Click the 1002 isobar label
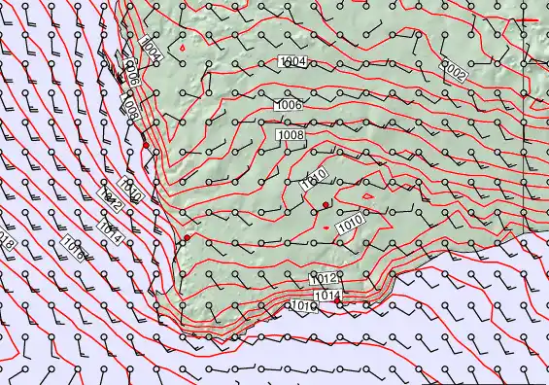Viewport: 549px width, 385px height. coord(456,69)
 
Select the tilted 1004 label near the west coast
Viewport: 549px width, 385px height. coord(152,48)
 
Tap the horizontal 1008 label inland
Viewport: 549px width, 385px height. coord(291,134)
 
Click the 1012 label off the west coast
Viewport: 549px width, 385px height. coord(110,201)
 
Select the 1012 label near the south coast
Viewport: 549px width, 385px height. coord(324,279)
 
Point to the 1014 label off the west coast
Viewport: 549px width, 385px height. coord(110,227)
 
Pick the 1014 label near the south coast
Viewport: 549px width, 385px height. coord(327,295)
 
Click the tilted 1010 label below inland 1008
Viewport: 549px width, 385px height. coord(313,180)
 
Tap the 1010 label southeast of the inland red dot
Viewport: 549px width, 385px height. coord(350,225)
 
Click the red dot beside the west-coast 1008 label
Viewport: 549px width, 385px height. coord(145,145)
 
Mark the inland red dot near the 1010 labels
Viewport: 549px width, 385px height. coord(326,203)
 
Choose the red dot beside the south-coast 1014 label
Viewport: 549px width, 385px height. coord(338,302)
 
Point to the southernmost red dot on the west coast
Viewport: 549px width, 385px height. coord(187,237)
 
